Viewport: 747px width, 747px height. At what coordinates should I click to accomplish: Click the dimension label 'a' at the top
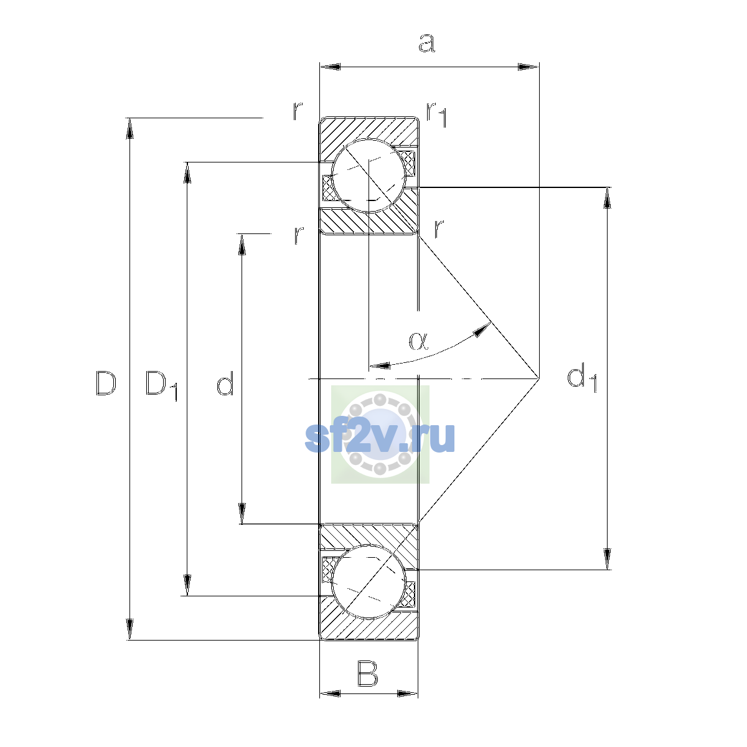tap(427, 43)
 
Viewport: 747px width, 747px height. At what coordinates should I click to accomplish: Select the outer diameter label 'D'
tap(105, 383)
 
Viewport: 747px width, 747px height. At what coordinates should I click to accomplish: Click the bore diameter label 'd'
tap(225, 383)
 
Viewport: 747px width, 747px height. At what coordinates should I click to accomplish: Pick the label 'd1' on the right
tap(582, 378)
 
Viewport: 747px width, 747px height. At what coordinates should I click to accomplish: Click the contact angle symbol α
tap(419, 341)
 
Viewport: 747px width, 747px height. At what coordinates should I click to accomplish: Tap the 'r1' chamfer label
tap(436, 115)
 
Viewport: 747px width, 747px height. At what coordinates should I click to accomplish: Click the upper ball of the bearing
tap(369, 176)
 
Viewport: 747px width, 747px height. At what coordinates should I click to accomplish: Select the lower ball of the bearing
tap(369, 581)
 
